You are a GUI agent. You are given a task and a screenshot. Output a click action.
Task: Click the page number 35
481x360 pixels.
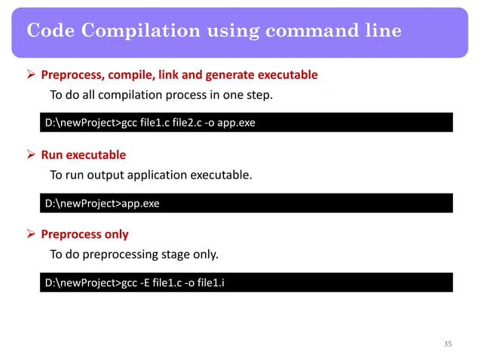coord(448,344)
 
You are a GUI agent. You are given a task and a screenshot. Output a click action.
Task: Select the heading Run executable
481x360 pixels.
coord(83,155)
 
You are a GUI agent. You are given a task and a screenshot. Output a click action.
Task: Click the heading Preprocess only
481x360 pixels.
coord(84,234)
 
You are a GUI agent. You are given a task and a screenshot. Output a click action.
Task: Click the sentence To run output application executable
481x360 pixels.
coord(151,175)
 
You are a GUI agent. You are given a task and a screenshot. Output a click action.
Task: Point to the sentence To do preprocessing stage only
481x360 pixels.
coord(134,255)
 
